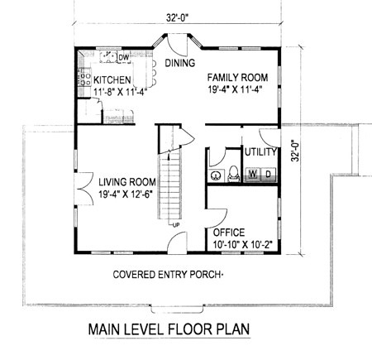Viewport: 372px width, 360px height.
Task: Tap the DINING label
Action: pyautogui.click(x=179, y=62)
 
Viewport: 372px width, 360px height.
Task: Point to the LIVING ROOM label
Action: pyautogui.click(x=127, y=182)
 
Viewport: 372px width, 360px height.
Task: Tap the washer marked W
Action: pyautogui.click(x=252, y=173)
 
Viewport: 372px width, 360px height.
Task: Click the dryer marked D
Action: pyautogui.click(x=269, y=173)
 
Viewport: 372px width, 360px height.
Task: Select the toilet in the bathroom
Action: pyautogui.click(x=232, y=173)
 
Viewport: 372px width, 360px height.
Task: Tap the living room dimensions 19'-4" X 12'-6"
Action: pyautogui.click(x=127, y=194)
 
